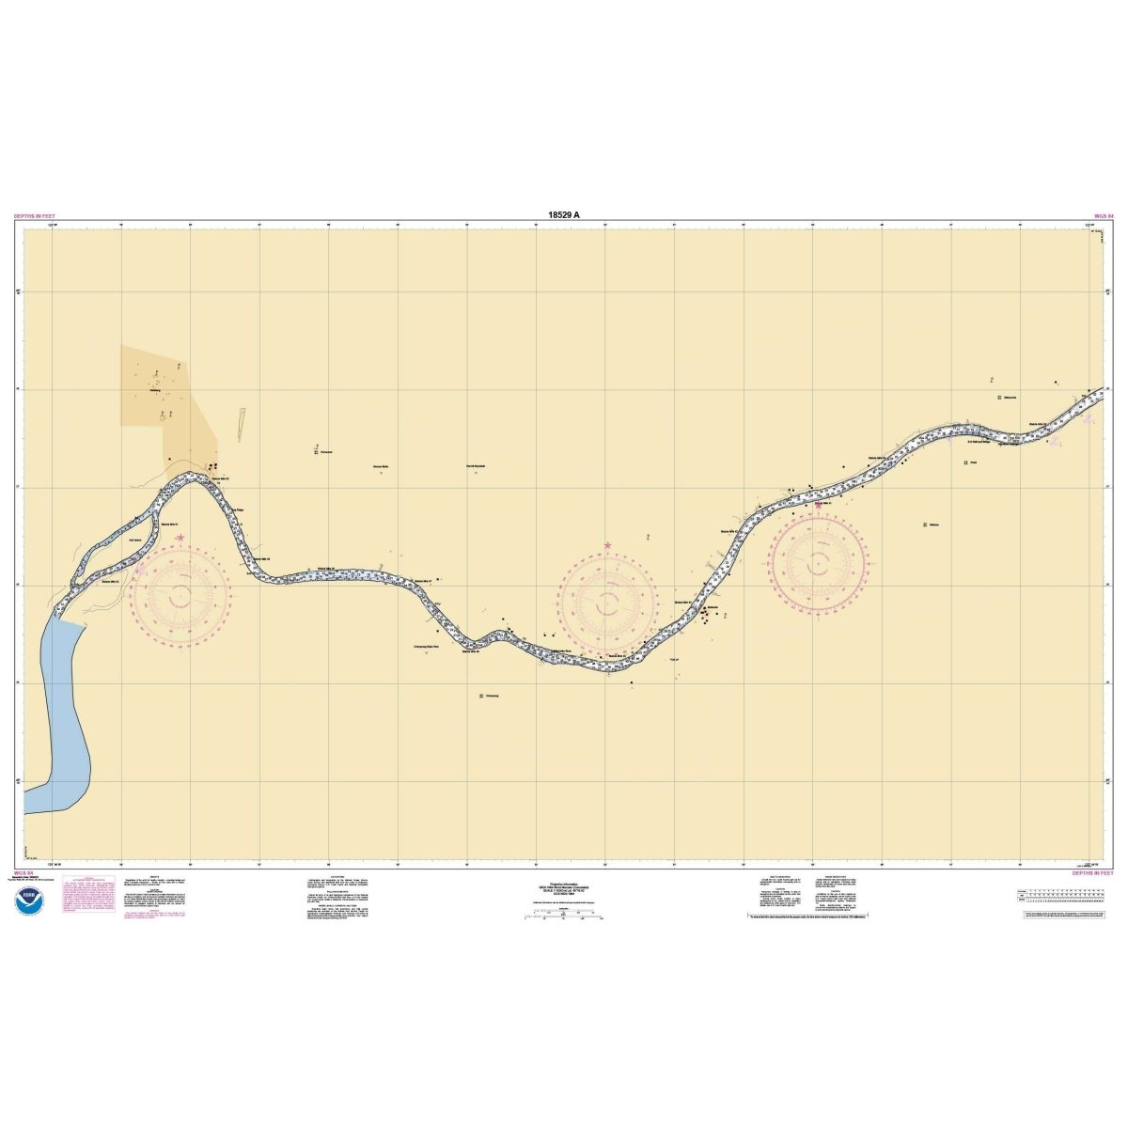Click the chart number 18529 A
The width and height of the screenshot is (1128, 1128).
click(563, 214)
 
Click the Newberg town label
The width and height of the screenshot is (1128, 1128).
click(155, 390)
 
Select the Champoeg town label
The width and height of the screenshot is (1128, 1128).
click(491, 696)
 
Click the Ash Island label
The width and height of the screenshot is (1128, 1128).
click(134, 540)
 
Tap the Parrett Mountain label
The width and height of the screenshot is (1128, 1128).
click(475, 466)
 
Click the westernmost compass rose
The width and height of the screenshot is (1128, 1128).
click(180, 594)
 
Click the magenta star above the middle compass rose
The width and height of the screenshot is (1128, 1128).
click(608, 545)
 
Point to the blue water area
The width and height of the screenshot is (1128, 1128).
click(62, 714)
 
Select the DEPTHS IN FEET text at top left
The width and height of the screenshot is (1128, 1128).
click(35, 216)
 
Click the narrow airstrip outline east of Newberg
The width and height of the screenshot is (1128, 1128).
click(242, 424)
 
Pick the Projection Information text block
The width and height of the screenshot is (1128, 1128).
click(563, 888)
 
